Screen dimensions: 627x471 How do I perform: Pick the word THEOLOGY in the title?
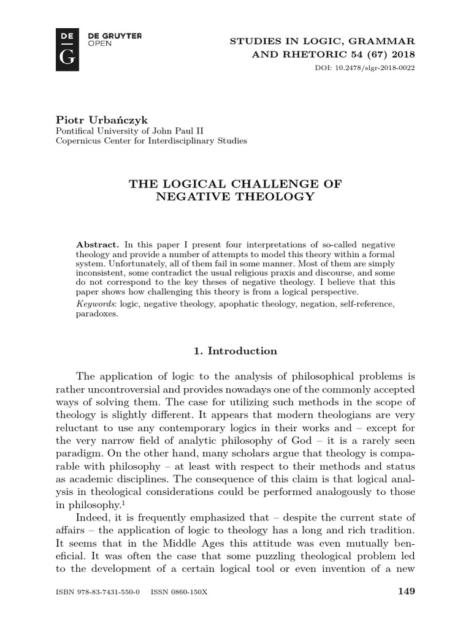click(272, 197)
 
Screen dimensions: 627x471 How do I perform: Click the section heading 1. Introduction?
click(235, 351)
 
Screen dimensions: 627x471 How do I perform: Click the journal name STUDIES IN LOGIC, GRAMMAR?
click(321, 41)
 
